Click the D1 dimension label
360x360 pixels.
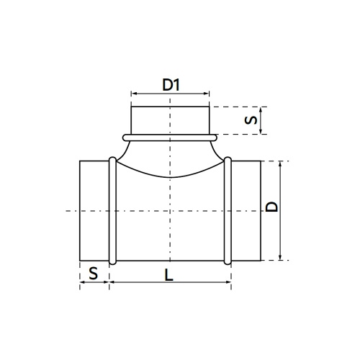click(170, 84)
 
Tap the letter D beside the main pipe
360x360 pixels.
click(271, 207)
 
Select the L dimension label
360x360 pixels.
click(168, 274)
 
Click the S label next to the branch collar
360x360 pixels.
click(249, 120)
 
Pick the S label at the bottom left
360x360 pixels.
click(92, 274)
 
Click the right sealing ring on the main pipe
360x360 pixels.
click(228, 210)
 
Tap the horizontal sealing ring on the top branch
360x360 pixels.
click(170, 135)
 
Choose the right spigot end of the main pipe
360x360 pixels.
click(246, 210)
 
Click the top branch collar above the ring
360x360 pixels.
click(170, 119)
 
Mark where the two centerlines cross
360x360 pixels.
click(170, 210)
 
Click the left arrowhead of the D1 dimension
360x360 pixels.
click(133, 93)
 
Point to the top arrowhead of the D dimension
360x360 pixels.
click(282, 163)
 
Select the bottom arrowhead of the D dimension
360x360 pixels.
click(282, 257)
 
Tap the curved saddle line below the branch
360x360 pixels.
click(170, 178)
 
